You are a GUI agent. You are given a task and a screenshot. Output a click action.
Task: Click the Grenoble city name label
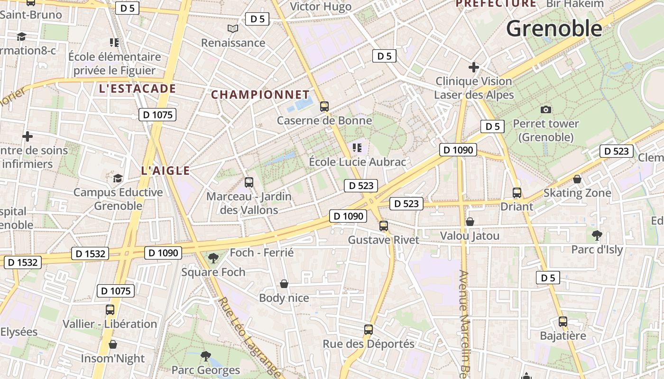pyautogui.click(x=554, y=29)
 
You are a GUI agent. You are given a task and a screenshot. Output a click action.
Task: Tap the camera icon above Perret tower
pyautogui.click(x=546, y=109)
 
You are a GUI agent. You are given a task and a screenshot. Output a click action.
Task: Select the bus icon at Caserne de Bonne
pyautogui.click(x=324, y=106)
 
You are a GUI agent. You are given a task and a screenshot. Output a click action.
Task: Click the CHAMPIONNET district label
pyautogui.click(x=260, y=95)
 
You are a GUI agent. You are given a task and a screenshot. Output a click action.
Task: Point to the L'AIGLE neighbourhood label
pyautogui.click(x=166, y=171)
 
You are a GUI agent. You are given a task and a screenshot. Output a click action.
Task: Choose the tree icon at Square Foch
pyautogui.click(x=213, y=257)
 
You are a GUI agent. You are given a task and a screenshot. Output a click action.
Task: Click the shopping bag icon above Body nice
pyautogui.click(x=284, y=283)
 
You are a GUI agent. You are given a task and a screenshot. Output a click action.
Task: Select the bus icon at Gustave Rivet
pyautogui.click(x=384, y=226)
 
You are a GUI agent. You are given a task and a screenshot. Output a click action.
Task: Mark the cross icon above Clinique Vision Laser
pyautogui.click(x=473, y=67)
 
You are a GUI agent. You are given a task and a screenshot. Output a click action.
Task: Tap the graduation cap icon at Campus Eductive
pyautogui.click(x=118, y=178)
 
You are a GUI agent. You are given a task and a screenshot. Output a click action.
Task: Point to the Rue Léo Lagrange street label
pyautogui.click(x=249, y=336)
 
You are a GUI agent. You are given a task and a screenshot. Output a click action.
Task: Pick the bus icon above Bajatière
pyautogui.click(x=563, y=322)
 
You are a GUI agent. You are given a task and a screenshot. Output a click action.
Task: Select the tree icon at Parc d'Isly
pyautogui.click(x=597, y=235)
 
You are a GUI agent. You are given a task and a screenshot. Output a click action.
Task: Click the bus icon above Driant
pyautogui.click(x=517, y=193)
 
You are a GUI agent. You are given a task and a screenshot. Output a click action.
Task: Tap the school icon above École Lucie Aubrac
pyautogui.click(x=357, y=148)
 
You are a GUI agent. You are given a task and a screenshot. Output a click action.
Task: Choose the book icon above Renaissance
pyautogui.click(x=232, y=29)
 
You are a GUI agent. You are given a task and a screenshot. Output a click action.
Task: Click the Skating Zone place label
pyautogui.click(x=577, y=193)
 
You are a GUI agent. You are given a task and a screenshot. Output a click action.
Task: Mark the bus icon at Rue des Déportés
pyautogui.click(x=369, y=330)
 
